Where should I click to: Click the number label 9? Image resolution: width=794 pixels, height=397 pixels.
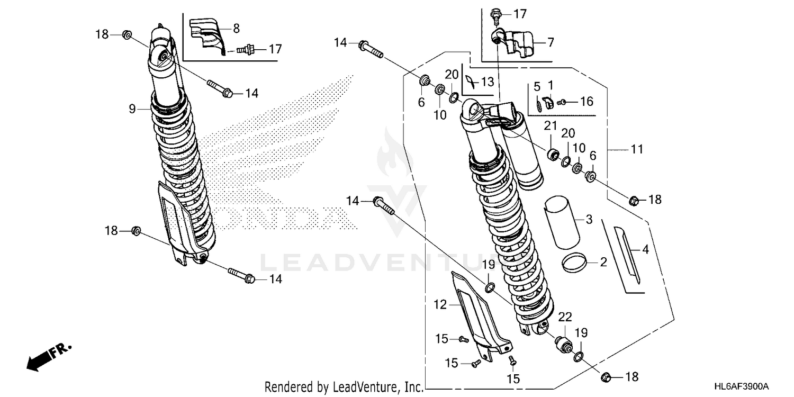(x=132, y=109)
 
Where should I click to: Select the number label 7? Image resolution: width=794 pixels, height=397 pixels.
(x=551, y=42)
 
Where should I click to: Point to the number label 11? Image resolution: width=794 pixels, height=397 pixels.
(x=637, y=150)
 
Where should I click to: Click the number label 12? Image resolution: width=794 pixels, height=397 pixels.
(x=440, y=304)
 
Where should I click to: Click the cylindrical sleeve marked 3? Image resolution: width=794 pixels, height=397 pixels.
(x=564, y=221)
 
